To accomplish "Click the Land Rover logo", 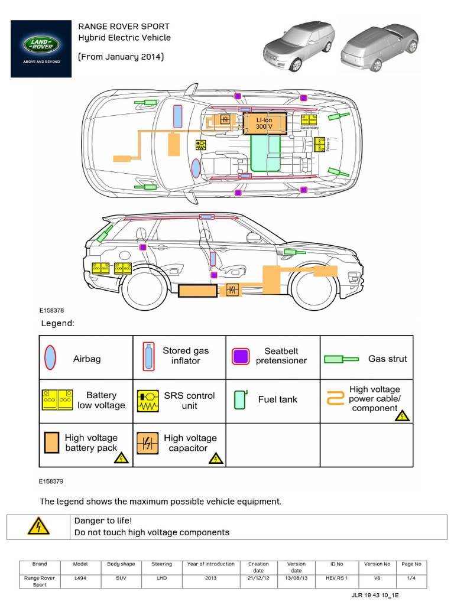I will click(x=41, y=48).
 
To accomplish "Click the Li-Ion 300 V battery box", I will click(x=264, y=123).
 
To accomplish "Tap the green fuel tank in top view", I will click(x=266, y=152).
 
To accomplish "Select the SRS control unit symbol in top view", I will click(x=201, y=145).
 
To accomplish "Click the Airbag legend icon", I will click(x=51, y=358).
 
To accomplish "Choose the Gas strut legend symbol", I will click(x=341, y=359).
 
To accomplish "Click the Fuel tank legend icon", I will click(x=239, y=399).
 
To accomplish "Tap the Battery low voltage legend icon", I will click(x=57, y=400).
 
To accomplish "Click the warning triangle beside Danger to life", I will click(x=38, y=526).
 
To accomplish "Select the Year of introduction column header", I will click(x=211, y=564).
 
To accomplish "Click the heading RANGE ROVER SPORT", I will click(x=124, y=27).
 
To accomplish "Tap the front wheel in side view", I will click(x=314, y=288).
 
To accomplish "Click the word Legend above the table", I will click(x=57, y=324).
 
